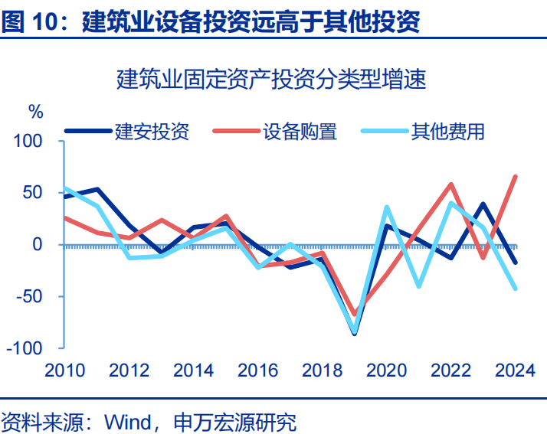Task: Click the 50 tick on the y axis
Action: click(x=38, y=193)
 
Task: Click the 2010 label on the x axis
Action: click(x=64, y=370)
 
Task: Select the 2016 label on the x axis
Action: click(x=257, y=370)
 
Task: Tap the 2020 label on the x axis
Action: click(x=386, y=370)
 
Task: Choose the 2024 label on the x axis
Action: click(x=514, y=370)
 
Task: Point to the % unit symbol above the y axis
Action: click(x=37, y=112)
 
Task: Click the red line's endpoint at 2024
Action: click(x=515, y=177)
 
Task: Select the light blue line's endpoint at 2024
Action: click(x=515, y=288)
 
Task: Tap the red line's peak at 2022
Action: click(x=451, y=184)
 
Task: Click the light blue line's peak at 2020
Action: click(x=387, y=207)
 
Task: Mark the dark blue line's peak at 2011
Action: click(x=97, y=189)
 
